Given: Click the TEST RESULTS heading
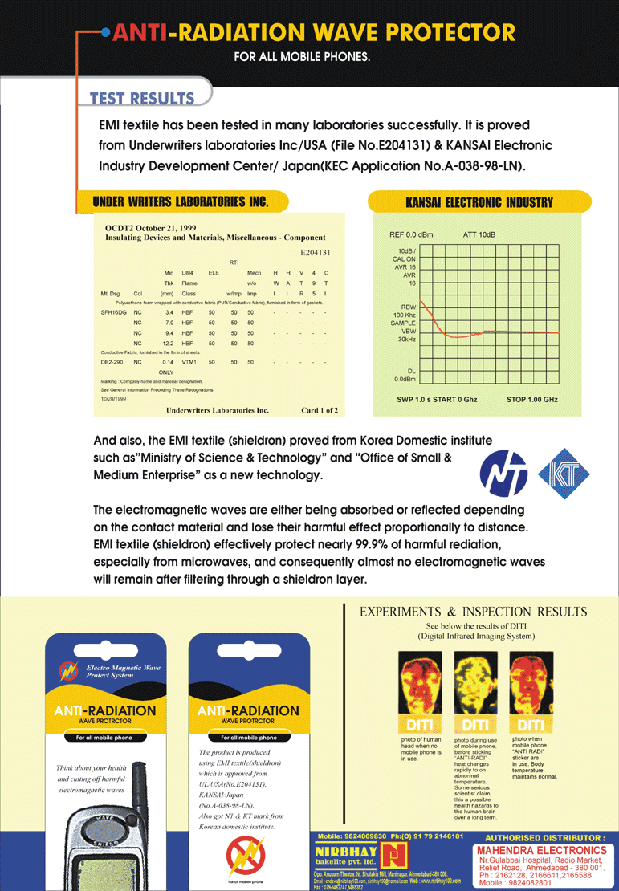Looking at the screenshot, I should click(142, 99).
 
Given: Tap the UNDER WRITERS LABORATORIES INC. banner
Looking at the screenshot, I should click(181, 201).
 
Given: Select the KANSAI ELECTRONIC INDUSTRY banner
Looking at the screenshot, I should click(479, 203).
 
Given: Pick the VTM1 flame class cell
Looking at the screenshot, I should click(166, 363).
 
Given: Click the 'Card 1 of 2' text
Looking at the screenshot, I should click(319, 410).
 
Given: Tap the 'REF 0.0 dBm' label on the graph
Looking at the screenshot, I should click(410, 234).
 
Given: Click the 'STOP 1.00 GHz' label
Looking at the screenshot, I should click(532, 399).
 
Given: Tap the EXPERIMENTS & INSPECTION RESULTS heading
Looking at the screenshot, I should click(473, 612).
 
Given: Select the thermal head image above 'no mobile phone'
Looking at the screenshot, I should click(421, 685).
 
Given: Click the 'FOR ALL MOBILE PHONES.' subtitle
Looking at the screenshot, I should click(302, 57).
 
